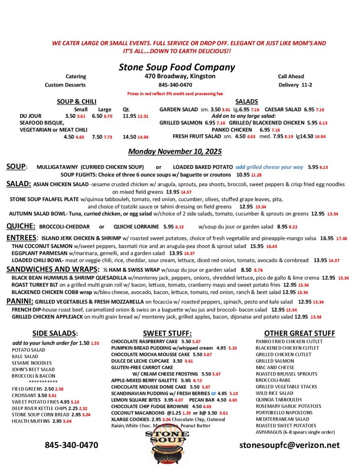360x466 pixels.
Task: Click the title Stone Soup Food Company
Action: pos(177,67)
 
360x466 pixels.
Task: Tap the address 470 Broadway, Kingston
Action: pos(180,76)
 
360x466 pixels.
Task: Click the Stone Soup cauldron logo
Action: pos(168,444)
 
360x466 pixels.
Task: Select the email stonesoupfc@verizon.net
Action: pos(289,445)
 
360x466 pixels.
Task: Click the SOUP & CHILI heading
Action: pos(76,101)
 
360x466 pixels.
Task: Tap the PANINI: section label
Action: pos(20,301)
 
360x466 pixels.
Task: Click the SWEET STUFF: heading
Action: pos(167,333)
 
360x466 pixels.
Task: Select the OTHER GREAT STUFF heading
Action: pos(299,333)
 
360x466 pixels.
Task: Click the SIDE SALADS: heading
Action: pos(55,333)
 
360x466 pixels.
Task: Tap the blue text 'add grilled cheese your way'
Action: pos(269,167)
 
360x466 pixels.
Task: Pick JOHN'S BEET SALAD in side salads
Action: pos(33,369)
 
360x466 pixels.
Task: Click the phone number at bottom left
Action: pos(71,445)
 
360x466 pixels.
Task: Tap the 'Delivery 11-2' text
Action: pos(295,85)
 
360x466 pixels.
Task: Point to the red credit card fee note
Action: pos(175,94)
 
